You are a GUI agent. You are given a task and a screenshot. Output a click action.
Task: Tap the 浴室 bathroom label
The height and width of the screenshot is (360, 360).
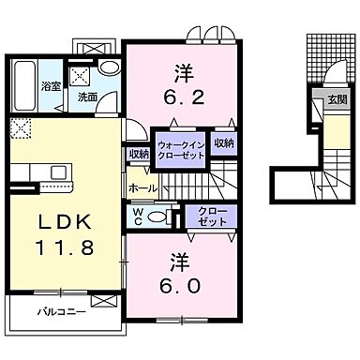click(x=23, y=96)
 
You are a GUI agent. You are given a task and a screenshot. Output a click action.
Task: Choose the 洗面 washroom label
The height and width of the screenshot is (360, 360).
click(x=87, y=96)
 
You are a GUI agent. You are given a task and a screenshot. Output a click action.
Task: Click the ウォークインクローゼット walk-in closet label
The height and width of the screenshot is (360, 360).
click(x=180, y=149)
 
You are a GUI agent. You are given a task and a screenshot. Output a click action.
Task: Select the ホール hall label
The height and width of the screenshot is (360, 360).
click(x=143, y=187)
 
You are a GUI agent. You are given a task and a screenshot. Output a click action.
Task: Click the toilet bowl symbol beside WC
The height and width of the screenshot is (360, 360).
click(x=159, y=216)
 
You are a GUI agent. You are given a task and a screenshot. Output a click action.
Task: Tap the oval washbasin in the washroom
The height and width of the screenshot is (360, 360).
click(x=109, y=68)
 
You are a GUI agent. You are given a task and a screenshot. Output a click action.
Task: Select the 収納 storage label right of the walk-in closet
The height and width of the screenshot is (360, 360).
click(x=223, y=143)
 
